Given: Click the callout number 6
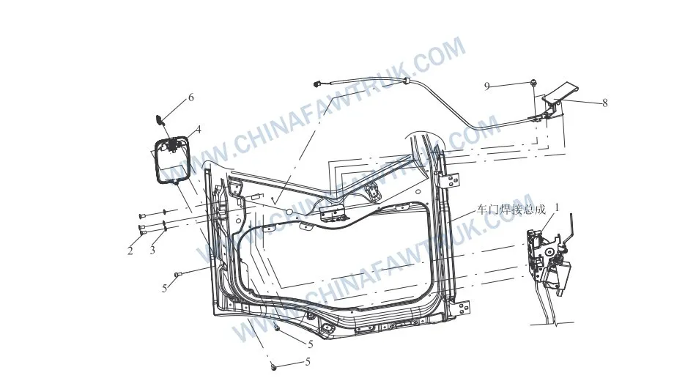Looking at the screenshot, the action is (191, 97).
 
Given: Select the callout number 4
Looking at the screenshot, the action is (199, 130).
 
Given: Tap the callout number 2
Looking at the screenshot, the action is (130, 251).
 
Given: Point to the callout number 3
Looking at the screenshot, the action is (152, 250).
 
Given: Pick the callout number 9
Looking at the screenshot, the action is (486, 86).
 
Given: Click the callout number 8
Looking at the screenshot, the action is (604, 103).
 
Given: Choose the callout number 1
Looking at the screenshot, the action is (558, 207).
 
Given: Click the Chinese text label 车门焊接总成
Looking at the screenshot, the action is (511, 209).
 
